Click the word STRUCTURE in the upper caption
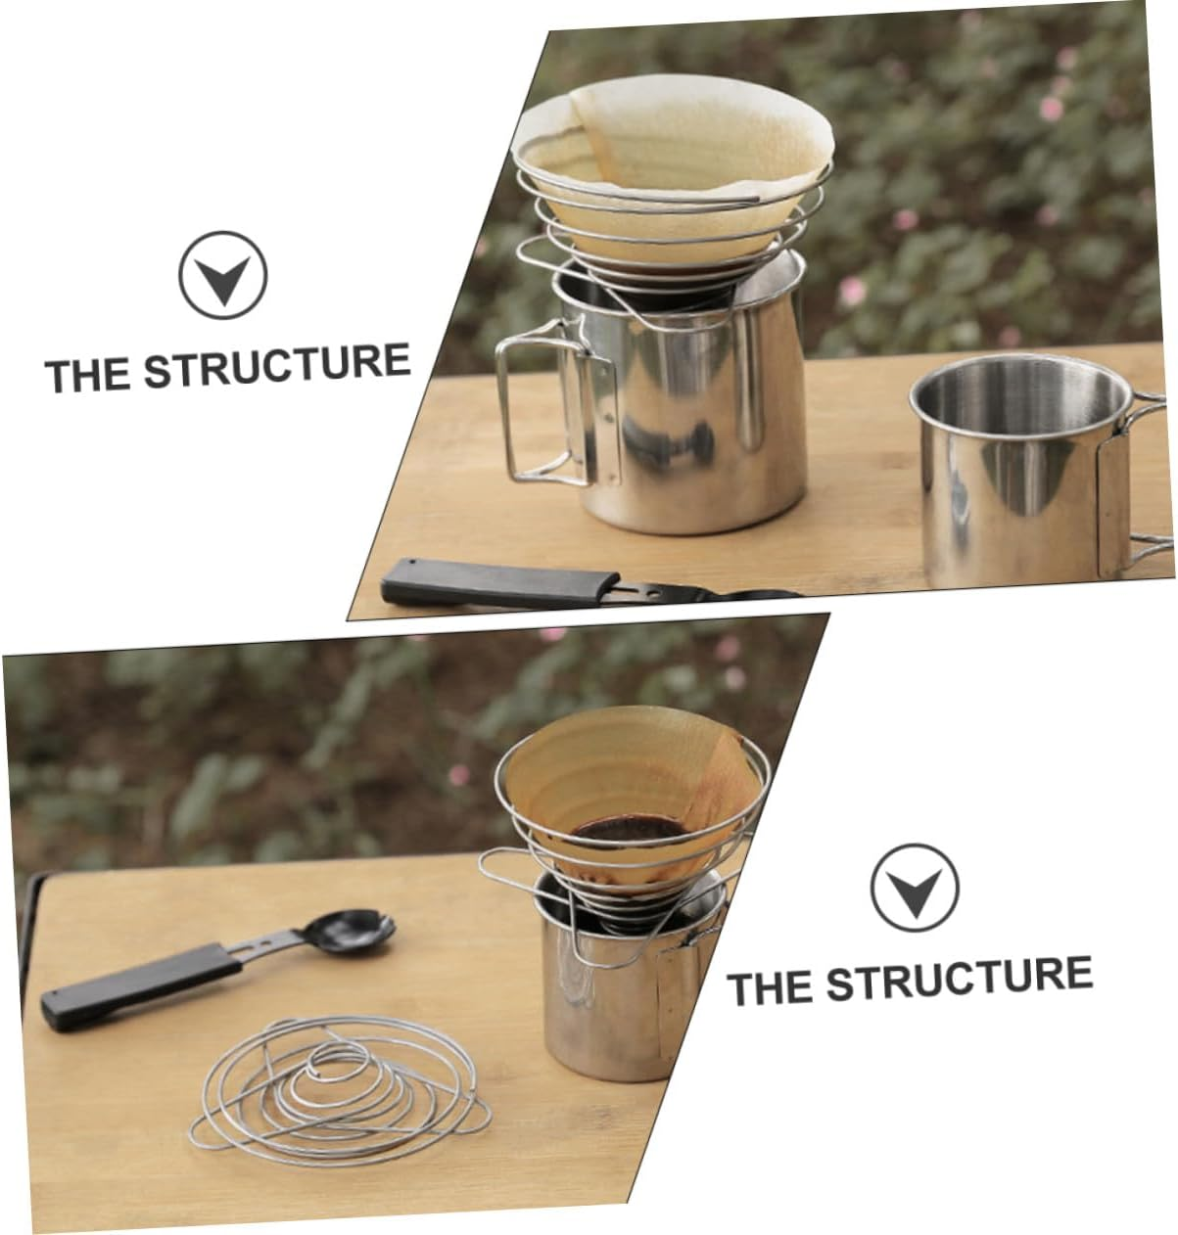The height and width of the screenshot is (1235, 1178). click(277, 366)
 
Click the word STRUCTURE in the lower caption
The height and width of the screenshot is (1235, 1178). click(959, 978)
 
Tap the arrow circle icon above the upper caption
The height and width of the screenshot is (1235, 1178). click(223, 274)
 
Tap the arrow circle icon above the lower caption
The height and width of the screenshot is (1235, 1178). click(915, 887)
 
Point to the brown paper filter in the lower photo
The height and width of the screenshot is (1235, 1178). click(627, 773)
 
